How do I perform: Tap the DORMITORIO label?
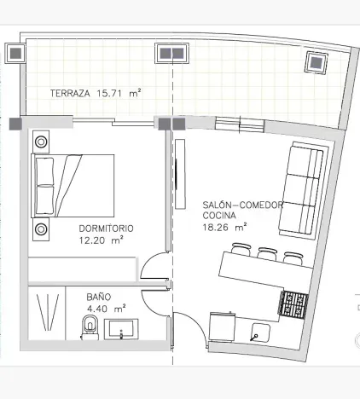(x=106, y=228)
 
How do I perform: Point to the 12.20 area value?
(x=93, y=240)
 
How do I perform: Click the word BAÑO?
(x=97, y=298)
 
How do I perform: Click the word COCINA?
(x=219, y=216)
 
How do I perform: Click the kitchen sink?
(x=263, y=331)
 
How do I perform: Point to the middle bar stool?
(x=267, y=252)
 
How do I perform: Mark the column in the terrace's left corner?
(x=16, y=54)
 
